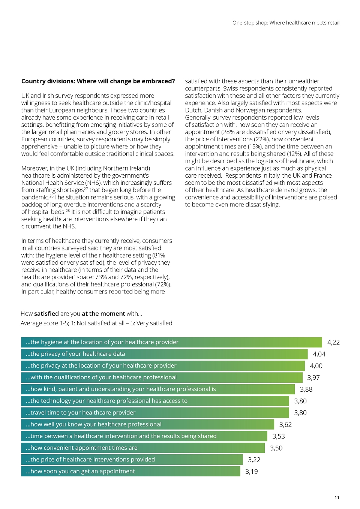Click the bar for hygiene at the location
172,342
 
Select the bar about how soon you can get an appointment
130,471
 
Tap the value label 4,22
333,343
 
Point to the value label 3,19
252,472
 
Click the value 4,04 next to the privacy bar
319,354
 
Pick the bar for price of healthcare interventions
132,460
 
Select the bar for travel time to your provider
155,412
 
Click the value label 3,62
285,424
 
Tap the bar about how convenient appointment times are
143,448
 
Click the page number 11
337,498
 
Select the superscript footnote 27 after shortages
86,189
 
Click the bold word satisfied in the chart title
46,314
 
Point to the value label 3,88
306,389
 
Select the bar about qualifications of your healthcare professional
162,377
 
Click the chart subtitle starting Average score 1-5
96,323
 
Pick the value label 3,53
279,436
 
